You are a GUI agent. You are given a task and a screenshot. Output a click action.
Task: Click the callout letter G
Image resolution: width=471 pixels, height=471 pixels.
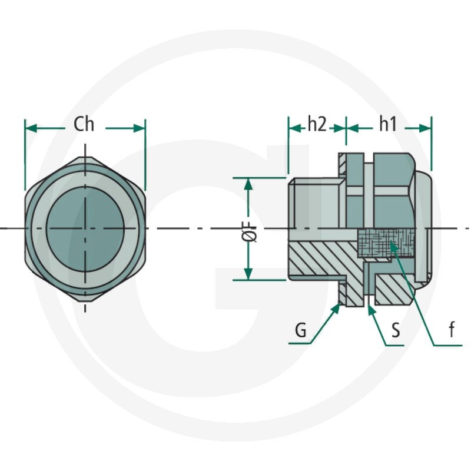tap(301, 330)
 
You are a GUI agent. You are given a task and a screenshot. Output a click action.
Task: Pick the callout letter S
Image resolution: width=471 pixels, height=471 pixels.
tap(396, 330)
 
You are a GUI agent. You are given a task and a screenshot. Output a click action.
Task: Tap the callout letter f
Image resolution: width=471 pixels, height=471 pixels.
tap(452, 329)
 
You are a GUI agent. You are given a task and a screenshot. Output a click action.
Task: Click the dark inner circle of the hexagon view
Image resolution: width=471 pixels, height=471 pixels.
tap(85, 229)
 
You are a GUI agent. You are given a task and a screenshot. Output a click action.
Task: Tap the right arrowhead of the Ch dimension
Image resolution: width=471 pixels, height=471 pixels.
tap(139, 128)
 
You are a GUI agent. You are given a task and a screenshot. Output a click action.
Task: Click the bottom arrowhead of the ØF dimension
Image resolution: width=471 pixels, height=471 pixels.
tap(248, 274)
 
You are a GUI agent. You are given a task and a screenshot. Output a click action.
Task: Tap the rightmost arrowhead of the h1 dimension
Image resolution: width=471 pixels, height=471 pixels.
tap(425, 128)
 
